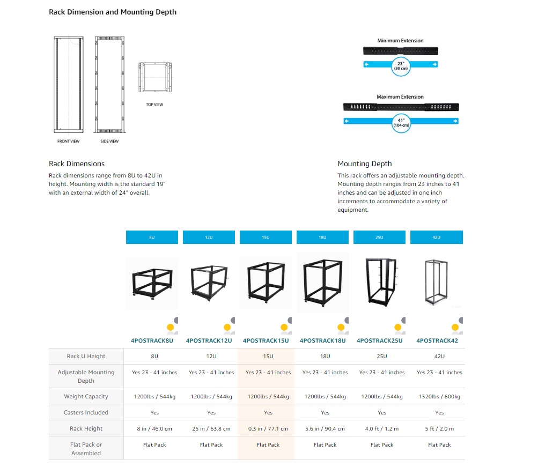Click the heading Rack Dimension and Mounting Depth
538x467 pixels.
point(113,12)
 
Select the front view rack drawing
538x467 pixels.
point(68,85)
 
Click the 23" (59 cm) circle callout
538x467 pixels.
point(401,66)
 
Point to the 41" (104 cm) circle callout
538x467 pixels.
point(401,122)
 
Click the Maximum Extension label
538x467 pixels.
point(400,97)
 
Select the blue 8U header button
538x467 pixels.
point(152,237)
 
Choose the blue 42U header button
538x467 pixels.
point(436,237)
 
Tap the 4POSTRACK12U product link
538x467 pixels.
point(209,340)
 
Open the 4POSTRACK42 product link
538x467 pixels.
point(437,340)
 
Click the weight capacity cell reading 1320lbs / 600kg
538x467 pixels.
point(439,397)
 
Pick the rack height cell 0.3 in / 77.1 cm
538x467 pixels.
point(268,429)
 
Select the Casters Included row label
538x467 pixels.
point(86,413)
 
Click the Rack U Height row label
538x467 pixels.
point(86,357)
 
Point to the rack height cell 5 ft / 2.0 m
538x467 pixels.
point(439,429)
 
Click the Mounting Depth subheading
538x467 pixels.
point(364,164)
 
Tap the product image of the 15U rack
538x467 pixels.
point(266,281)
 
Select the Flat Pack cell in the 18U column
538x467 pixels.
point(325,445)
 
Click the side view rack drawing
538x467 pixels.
point(109,85)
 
